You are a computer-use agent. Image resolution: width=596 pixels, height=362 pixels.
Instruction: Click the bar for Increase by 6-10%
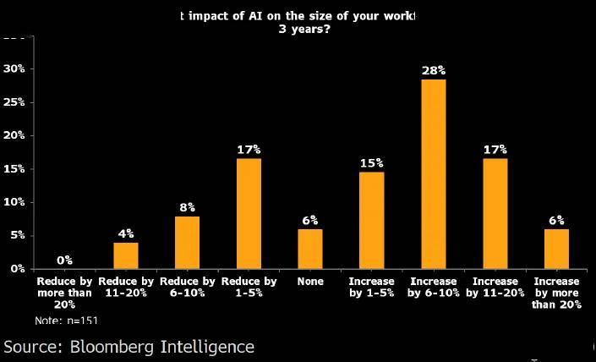coord(433,173)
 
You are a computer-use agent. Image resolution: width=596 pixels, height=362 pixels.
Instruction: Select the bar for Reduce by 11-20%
coord(125,255)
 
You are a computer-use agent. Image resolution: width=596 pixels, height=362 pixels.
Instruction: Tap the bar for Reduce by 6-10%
coord(187,242)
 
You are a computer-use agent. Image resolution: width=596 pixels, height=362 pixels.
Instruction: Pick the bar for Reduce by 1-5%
coord(249,213)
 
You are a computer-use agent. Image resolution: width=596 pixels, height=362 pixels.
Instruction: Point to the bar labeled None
coord(309,249)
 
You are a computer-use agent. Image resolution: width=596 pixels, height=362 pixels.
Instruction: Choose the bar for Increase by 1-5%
coord(371,220)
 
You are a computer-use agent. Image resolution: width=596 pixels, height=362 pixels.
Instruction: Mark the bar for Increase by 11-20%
coord(495,213)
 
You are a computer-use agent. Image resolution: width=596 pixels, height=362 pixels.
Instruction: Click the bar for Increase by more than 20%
coord(556,249)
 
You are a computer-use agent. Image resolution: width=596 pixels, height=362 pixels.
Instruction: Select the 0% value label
coord(64,261)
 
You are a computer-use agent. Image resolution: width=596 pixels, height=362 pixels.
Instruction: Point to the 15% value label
coord(371,163)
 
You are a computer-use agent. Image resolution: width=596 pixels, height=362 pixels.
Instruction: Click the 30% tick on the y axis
coord(14,69)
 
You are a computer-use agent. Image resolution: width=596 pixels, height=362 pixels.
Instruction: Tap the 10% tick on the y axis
coord(14,202)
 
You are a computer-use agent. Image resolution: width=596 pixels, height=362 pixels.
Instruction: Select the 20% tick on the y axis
coord(14,135)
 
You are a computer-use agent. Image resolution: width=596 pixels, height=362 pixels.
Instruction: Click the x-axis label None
coord(309,282)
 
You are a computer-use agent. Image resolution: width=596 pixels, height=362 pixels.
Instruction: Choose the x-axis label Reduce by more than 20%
coord(64,293)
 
